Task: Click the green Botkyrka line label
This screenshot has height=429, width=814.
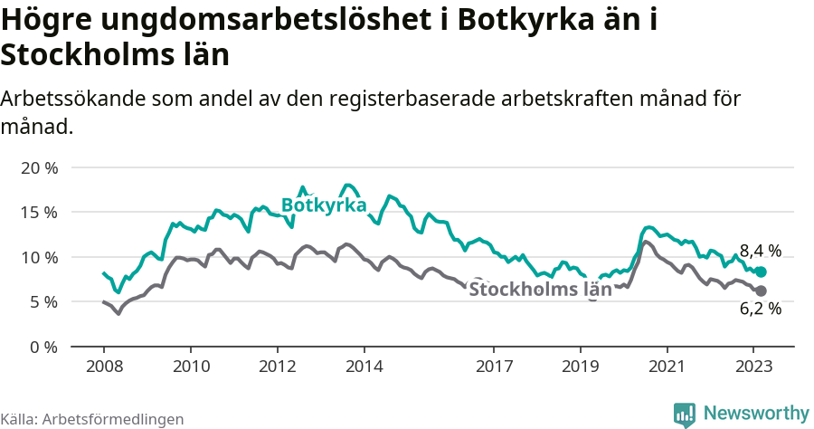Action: click(324, 205)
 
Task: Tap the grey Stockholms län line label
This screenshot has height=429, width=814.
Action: click(540, 290)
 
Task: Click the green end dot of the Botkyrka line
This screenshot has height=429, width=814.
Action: click(761, 272)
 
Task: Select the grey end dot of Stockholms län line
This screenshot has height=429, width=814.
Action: click(761, 291)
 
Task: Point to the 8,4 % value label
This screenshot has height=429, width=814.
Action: click(761, 251)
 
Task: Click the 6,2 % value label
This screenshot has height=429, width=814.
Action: click(761, 310)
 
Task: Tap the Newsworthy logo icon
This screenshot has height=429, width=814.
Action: click(685, 414)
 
